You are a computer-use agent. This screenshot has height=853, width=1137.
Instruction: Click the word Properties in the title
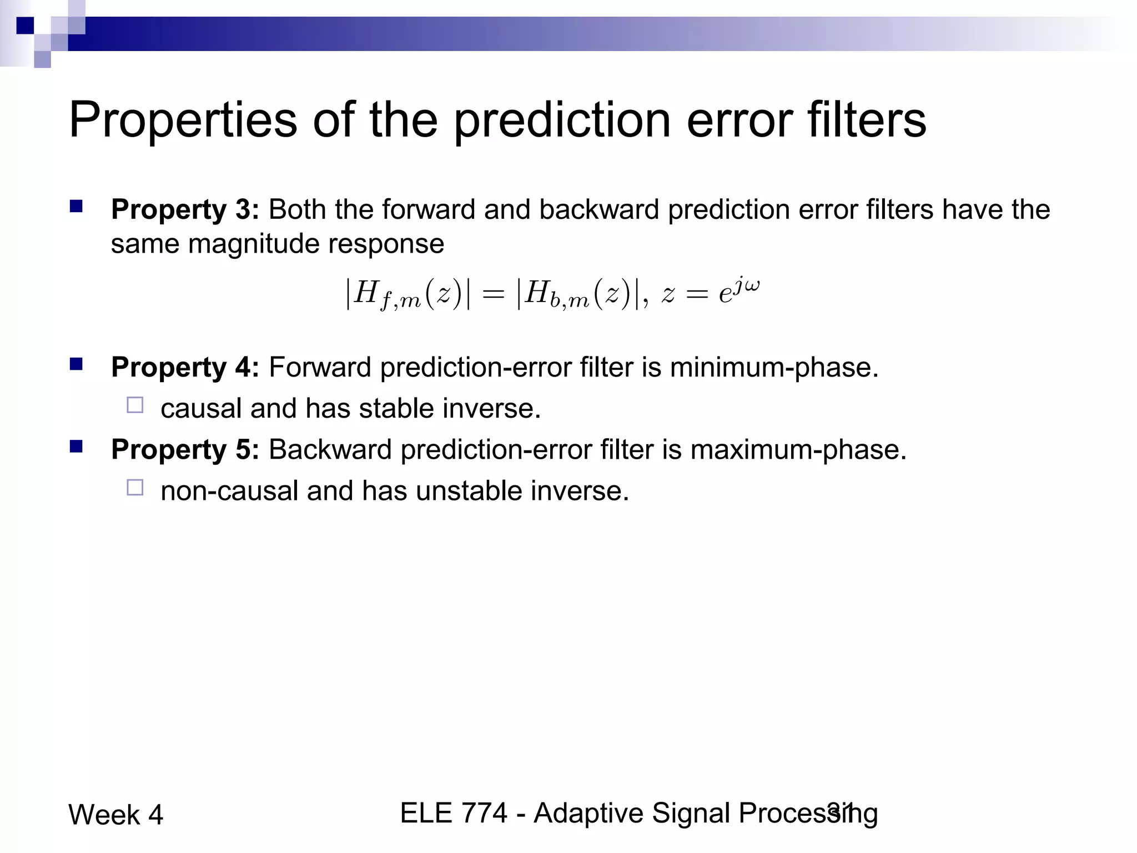pyautogui.click(x=183, y=121)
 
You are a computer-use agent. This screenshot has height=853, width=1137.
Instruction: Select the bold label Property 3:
pyautogui.click(x=185, y=210)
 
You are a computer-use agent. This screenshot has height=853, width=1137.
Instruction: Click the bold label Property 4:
pyautogui.click(x=185, y=368)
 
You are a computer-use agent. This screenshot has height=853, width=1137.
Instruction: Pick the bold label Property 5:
pyautogui.click(x=185, y=449)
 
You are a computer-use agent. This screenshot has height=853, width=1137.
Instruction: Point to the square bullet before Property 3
pyautogui.click(x=76, y=207)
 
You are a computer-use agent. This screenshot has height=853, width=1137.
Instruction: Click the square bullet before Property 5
pyautogui.click(x=76, y=446)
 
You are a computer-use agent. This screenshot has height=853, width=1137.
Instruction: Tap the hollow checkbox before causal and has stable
pyautogui.click(x=135, y=405)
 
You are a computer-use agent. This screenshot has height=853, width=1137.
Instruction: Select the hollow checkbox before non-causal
pyautogui.click(x=135, y=488)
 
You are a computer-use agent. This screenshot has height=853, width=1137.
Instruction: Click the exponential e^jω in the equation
pyautogui.click(x=739, y=291)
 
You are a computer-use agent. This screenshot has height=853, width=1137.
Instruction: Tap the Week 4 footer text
pyautogui.click(x=115, y=815)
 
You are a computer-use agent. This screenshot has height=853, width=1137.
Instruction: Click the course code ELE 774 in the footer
pyautogui.click(x=454, y=813)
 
